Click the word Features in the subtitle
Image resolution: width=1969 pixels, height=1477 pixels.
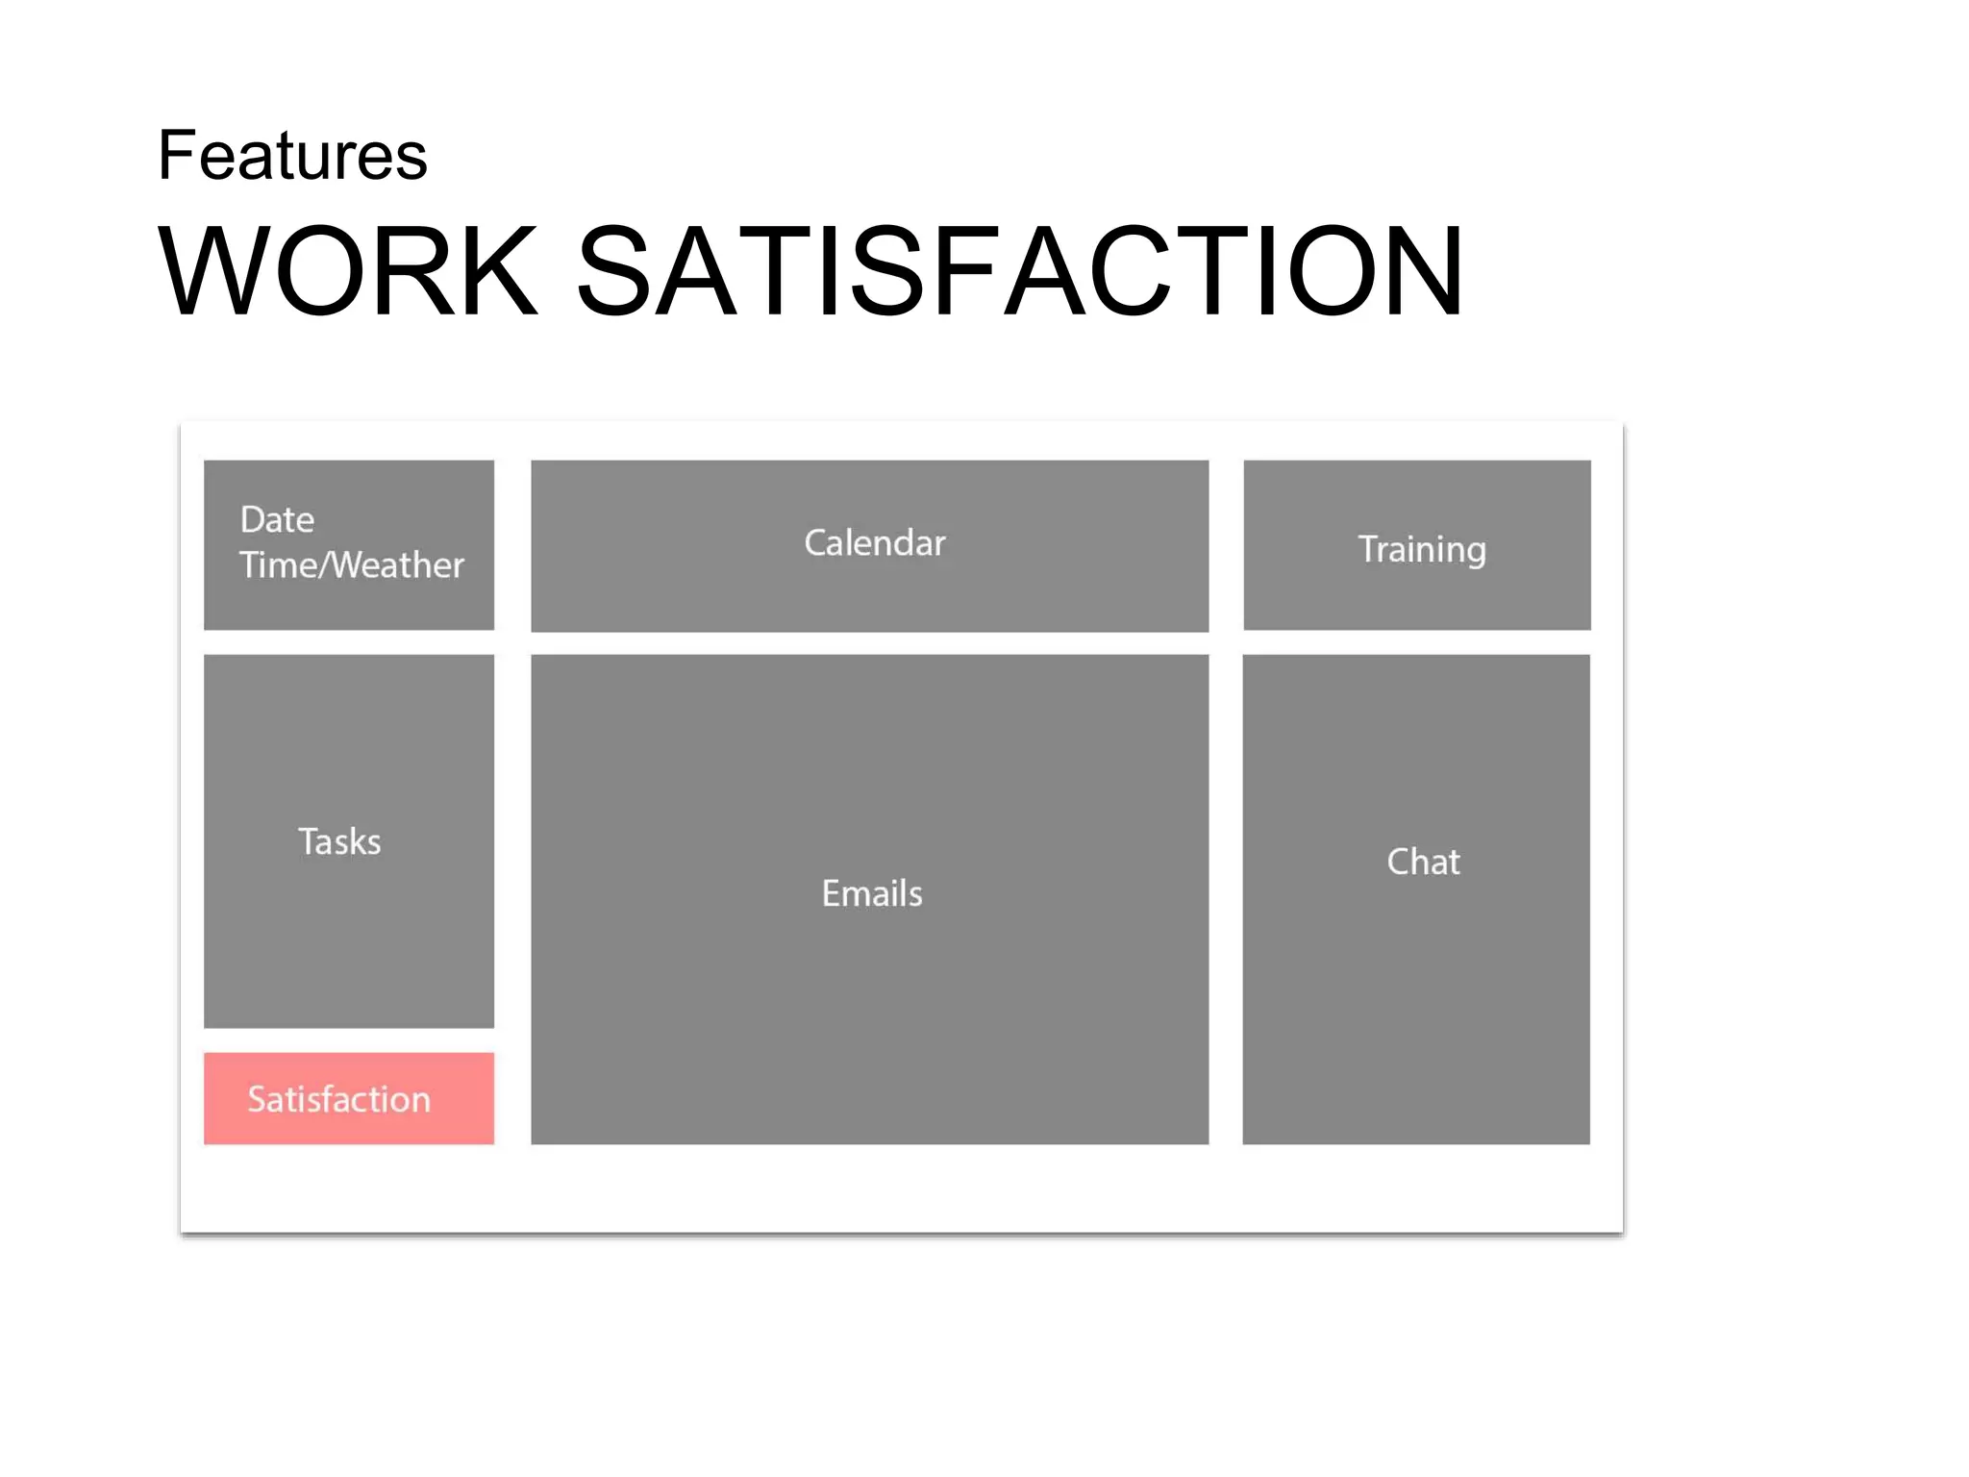coord(292,156)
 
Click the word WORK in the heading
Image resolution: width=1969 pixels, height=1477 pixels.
coord(347,271)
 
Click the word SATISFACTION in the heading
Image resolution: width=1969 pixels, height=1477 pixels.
coord(1020,271)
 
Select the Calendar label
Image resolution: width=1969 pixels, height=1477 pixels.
coord(874,543)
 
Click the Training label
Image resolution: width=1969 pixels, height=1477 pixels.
coord(1421,550)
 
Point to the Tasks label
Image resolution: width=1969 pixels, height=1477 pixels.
coord(339,842)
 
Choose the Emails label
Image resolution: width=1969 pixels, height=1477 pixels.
coord(871,894)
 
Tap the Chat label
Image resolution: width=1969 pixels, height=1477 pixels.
coord(1423,862)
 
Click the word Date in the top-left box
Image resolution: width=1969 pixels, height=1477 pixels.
coord(277,520)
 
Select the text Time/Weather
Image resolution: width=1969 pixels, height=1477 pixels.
coord(351,565)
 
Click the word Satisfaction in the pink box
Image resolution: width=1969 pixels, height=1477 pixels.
coord(338,1100)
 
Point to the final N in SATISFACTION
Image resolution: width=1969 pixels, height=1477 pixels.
coord(1413,271)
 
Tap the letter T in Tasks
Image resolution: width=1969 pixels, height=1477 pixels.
coord(308,842)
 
